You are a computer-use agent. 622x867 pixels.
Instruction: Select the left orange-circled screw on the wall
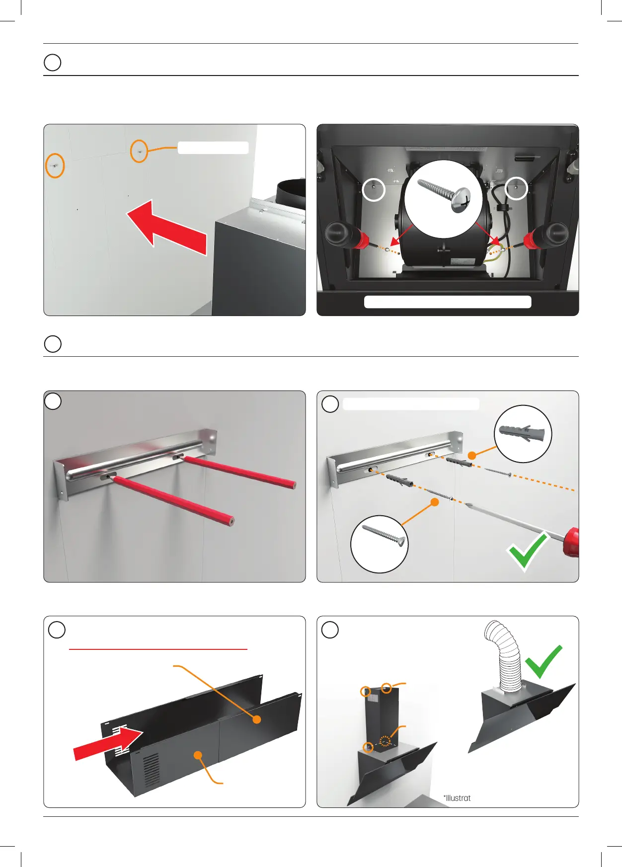[x=55, y=165]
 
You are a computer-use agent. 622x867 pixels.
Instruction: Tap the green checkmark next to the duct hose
[x=544, y=661]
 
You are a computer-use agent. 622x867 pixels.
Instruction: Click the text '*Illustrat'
[x=457, y=798]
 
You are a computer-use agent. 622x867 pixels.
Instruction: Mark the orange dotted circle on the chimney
[x=385, y=741]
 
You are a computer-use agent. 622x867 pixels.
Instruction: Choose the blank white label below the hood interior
[x=448, y=302]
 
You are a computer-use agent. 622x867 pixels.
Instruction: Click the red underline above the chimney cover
[x=158, y=649]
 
